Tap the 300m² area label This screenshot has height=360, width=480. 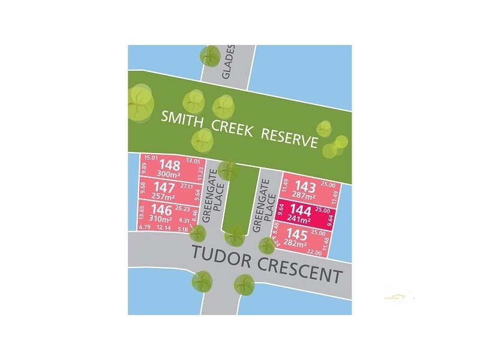tap(168, 175)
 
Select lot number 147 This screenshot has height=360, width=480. tap(164, 188)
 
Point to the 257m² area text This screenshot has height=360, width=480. tap(163, 197)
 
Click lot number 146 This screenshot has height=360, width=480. tap(161, 210)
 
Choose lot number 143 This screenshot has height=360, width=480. tap(302, 187)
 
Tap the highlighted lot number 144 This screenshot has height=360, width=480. tap(301, 209)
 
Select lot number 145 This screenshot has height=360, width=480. tap(296, 233)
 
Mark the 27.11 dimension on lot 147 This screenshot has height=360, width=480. tap(185, 187)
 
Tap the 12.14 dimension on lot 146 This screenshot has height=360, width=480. tap(163, 228)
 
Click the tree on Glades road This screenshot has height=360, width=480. tap(211, 56)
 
